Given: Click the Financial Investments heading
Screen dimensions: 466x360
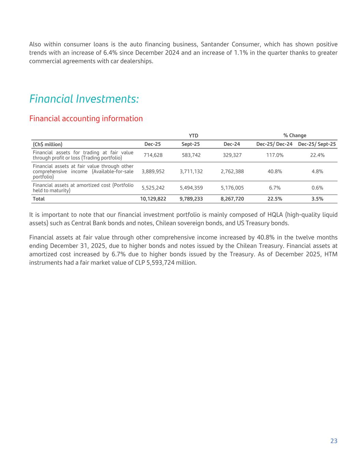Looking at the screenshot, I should [x=84, y=99].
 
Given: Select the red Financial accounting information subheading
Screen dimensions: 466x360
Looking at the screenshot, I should [x=86, y=118].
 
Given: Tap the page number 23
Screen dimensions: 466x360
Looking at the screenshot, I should [x=334, y=441].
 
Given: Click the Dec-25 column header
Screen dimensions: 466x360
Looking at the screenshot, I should [x=153, y=144].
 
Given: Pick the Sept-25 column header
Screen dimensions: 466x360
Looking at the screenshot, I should [x=191, y=144].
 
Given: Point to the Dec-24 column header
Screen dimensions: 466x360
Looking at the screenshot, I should [x=232, y=144].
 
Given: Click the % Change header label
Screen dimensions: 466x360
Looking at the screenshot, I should [x=295, y=136].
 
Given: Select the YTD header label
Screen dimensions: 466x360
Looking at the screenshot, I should [x=193, y=136].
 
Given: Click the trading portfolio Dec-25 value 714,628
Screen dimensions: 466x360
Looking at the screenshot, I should [x=153, y=155].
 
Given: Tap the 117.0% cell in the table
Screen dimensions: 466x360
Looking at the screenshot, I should [x=275, y=155].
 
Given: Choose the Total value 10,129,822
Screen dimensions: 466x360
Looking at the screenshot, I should [x=153, y=199].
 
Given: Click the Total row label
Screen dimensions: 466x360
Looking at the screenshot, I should [x=39, y=199].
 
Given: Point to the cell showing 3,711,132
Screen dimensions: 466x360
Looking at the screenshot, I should [x=191, y=171].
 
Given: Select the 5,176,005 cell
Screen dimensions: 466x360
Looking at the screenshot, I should [x=232, y=188].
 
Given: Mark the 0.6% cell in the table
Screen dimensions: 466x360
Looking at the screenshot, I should [x=317, y=188].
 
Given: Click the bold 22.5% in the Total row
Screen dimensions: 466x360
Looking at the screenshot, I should [x=275, y=199].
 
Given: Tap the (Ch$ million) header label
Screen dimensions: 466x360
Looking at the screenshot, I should [x=47, y=144].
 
